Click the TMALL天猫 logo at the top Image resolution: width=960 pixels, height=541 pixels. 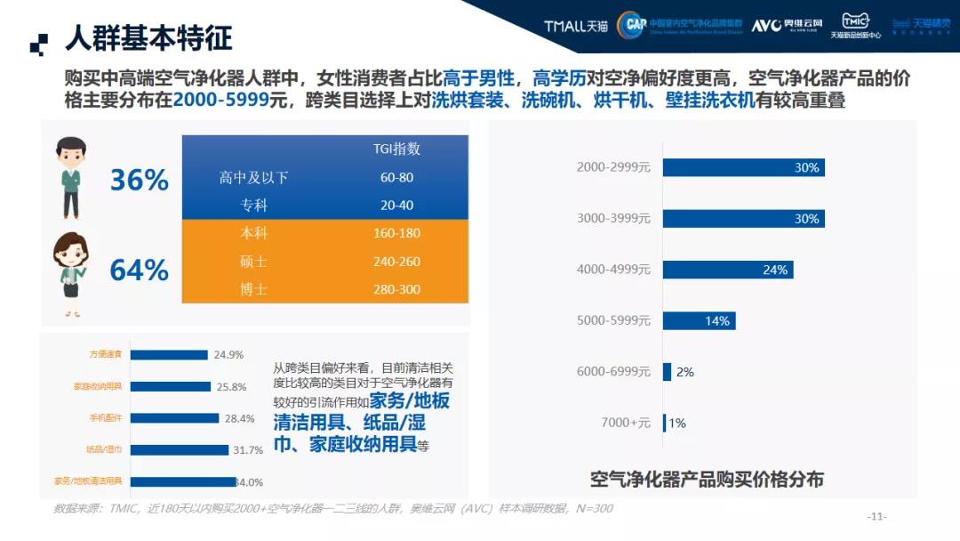577,26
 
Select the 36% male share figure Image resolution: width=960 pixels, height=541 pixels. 140,181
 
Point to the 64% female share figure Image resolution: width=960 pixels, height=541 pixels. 140,269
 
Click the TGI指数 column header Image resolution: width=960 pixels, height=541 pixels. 396,149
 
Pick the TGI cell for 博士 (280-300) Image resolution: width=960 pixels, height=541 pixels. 396,289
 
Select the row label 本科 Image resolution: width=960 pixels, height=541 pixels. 253,233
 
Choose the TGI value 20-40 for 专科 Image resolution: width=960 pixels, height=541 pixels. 396,205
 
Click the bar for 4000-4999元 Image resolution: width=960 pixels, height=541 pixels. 727,270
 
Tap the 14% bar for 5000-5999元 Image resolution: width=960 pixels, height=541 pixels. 699,320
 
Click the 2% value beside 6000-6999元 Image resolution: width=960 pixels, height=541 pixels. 684,372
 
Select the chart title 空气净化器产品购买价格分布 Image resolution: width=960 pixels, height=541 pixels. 708,480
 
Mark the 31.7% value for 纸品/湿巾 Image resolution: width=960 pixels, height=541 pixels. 248,450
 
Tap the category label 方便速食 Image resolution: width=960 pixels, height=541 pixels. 105,354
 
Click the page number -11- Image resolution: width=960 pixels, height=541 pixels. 877,517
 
